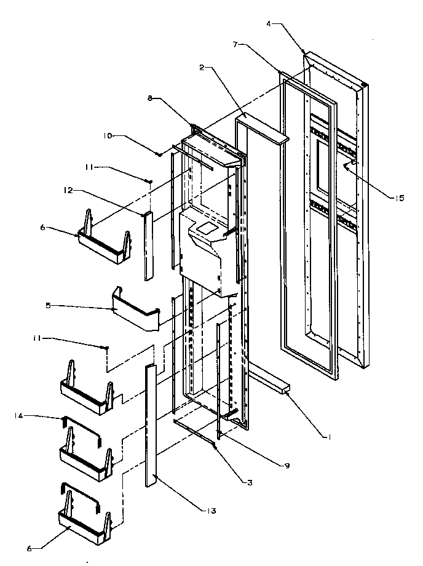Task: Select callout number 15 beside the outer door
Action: [x=383, y=197]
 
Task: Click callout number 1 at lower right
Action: [x=331, y=437]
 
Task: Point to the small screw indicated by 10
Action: [x=159, y=154]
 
